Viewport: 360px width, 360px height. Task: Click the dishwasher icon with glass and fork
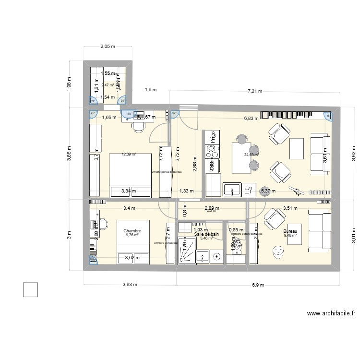[x=248, y=189]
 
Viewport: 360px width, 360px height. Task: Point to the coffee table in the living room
[x=297, y=148]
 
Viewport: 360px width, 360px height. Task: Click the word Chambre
[x=132, y=231]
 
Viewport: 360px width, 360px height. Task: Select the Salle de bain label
[x=206, y=234]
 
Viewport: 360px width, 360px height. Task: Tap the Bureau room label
[x=290, y=231]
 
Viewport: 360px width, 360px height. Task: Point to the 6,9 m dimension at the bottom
[x=258, y=285]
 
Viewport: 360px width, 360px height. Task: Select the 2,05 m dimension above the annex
[x=108, y=47]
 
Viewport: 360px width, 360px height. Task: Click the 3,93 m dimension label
[x=130, y=285]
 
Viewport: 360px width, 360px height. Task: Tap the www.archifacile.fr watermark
[x=331, y=314]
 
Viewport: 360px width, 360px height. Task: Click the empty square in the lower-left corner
[x=30, y=289]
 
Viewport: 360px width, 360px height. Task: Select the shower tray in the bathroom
[x=187, y=250]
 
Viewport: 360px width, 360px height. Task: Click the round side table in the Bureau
[x=278, y=251]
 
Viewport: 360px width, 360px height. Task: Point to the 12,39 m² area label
[x=129, y=155]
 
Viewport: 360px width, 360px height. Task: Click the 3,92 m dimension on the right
[x=354, y=154]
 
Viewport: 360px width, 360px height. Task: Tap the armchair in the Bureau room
[x=273, y=218]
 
